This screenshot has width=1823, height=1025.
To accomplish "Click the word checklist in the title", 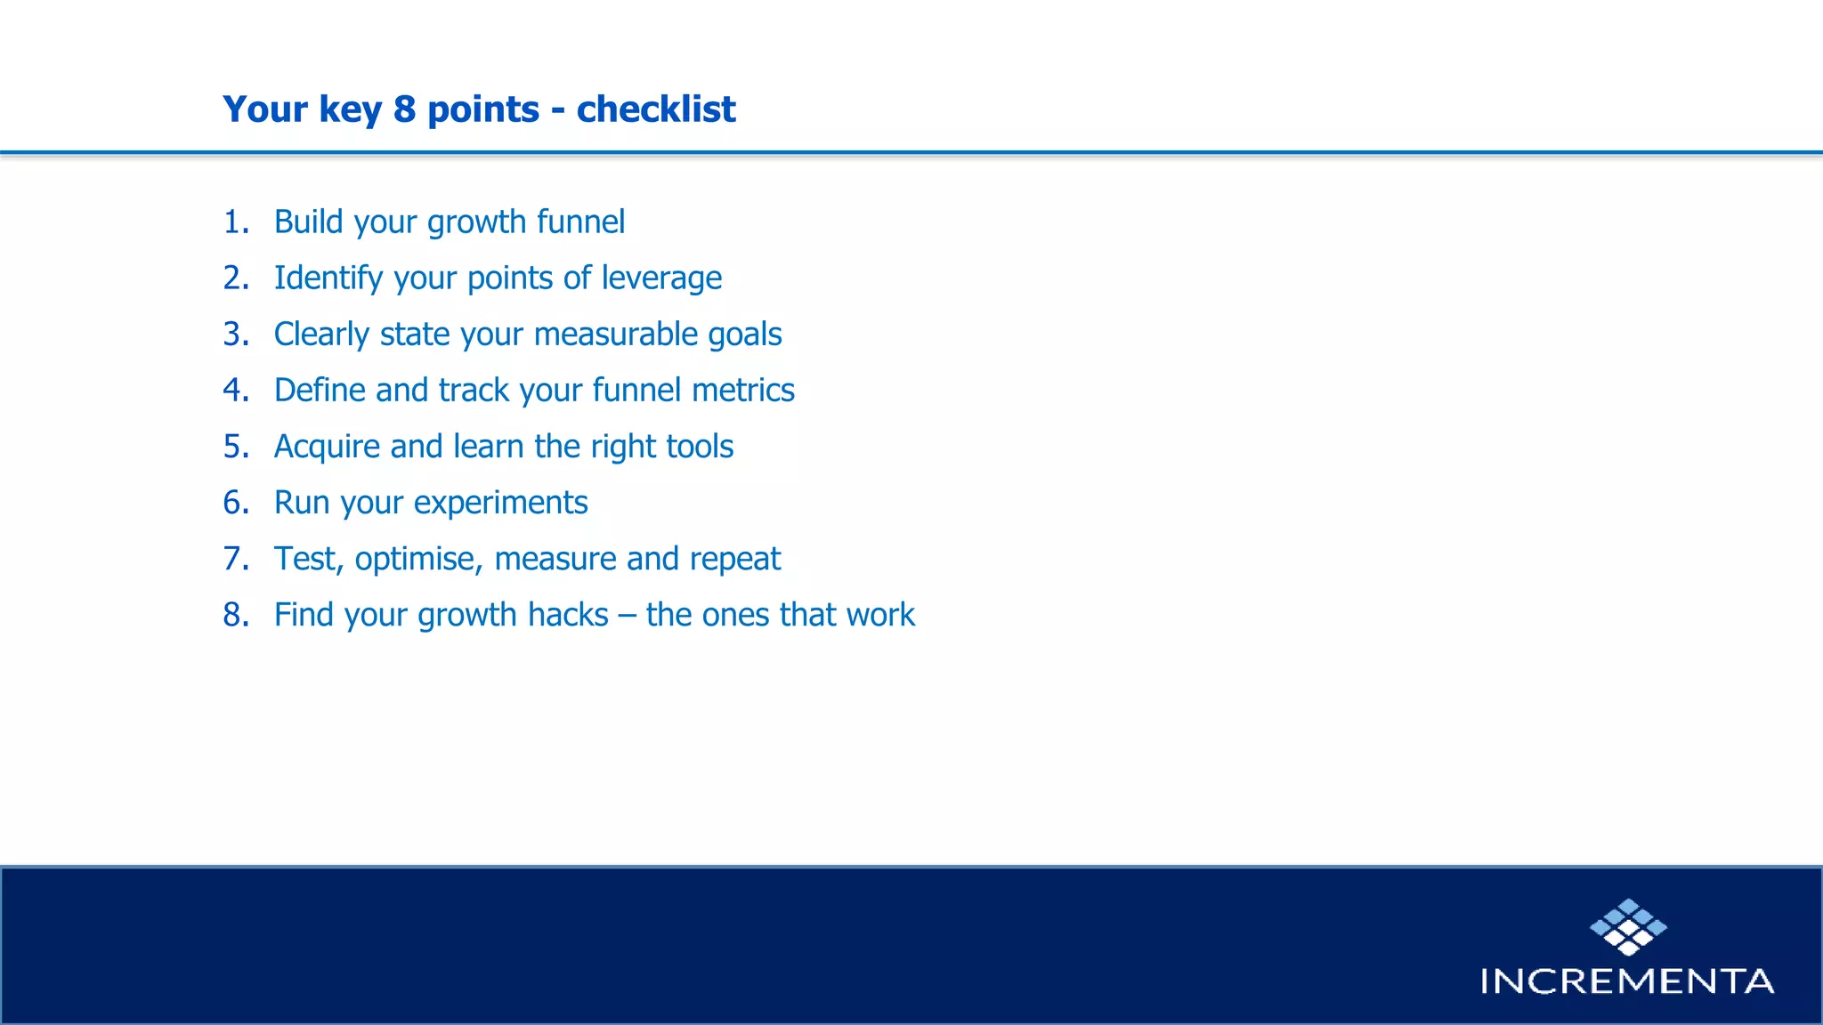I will click(656, 109).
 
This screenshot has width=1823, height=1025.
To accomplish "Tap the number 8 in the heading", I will click(404, 109).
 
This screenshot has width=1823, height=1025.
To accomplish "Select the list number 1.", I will click(235, 222).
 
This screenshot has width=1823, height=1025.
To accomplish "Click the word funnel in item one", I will click(580, 222).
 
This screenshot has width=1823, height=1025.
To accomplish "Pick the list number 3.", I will click(235, 335).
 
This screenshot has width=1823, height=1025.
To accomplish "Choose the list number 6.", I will click(235, 503).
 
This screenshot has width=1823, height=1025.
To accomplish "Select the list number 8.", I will click(235, 615).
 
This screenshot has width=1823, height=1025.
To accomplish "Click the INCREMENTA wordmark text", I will click(1627, 981).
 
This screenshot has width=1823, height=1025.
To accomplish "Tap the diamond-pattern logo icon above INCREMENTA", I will click(1628, 926).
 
